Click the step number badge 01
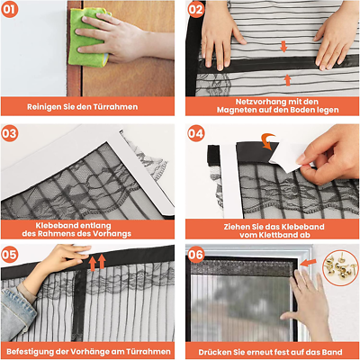[13, 12]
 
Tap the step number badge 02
[196, 12]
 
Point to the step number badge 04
[196, 133]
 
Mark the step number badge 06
[196, 255]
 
